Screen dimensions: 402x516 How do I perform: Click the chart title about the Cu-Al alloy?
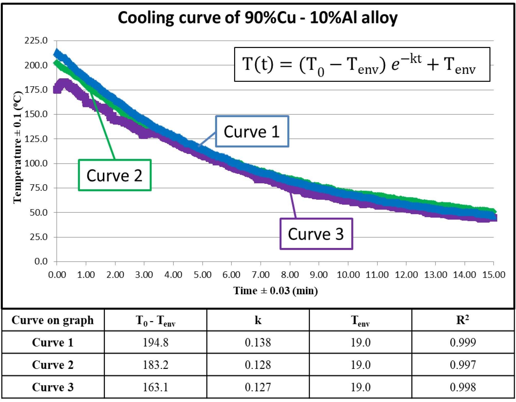(x=257, y=18)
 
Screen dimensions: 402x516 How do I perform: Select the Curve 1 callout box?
(x=252, y=131)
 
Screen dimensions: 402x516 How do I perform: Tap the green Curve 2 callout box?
(x=115, y=175)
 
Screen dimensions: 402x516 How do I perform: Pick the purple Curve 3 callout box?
(x=316, y=234)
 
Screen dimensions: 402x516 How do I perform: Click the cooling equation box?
(x=362, y=64)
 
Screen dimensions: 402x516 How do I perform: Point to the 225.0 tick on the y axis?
(x=36, y=41)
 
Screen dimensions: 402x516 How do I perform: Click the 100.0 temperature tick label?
(x=36, y=163)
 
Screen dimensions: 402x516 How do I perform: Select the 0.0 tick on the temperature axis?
(x=41, y=261)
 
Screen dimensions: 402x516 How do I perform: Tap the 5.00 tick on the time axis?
(x=202, y=275)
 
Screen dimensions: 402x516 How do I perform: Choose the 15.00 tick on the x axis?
(x=494, y=275)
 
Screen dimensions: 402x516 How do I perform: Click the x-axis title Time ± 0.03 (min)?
(x=275, y=291)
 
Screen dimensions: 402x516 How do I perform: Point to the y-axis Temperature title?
(x=17, y=147)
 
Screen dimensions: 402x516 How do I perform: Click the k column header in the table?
(x=258, y=320)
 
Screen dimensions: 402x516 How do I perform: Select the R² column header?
(x=463, y=320)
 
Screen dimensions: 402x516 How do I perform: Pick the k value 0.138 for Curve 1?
(x=258, y=342)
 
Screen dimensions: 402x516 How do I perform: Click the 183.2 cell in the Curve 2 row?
(x=155, y=365)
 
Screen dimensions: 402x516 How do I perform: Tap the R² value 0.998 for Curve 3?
(x=463, y=387)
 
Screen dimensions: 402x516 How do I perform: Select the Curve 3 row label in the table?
(x=53, y=387)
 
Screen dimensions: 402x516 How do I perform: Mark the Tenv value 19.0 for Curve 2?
(x=361, y=365)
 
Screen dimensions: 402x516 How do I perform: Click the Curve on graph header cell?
(x=53, y=320)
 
